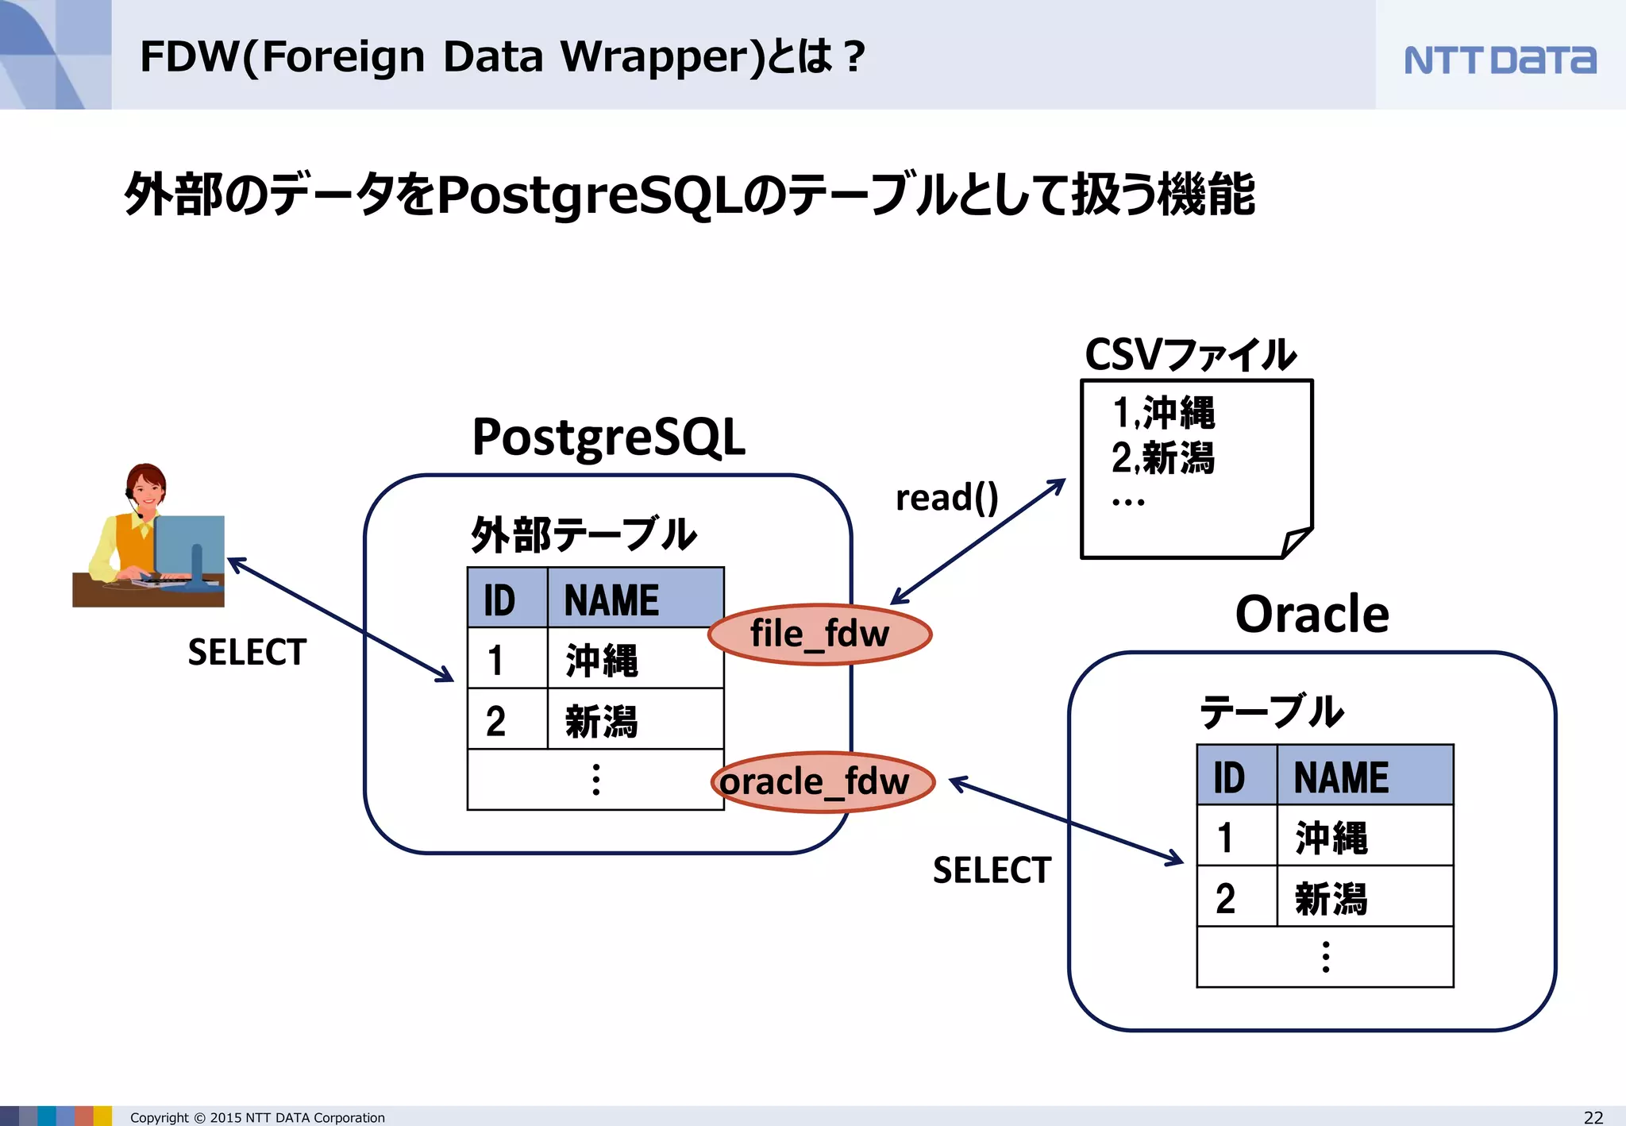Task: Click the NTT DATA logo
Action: pyautogui.click(x=1499, y=60)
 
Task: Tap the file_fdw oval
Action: pyautogui.click(x=819, y=634)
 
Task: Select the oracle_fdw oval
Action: pyautogui.click(x=821, y=782)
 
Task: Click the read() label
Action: pyautogui.click(x=946, y=499)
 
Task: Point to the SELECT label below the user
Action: pyautogui.click(x=247, y=653)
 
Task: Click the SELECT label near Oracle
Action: pyautogui.click(x=992, y=871)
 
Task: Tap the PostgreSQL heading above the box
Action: pyautogui.click(x=608, y=438)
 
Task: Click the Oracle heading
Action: pyautogui.click(x=1312, y=615)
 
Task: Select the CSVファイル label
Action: pyautogui.click(x=1189, y=355)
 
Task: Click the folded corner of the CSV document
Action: pyautogui.click(x=1296, y=543)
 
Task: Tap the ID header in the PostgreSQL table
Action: pyautogui.click(x=500, y=600)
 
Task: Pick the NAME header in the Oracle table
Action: pyautogui.click(x=1341, y=777)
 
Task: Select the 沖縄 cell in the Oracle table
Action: pyautogui.click(x=1331, y=838)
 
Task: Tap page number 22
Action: pyautogui.click(x=1593, y=1117)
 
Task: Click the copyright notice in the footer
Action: pyautogui.click(x=257, y=1117)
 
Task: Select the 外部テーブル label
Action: pyautogui.click(x=584, y=534)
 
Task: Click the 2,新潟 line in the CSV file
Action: pyautogui.click(x=1162, y=458)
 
